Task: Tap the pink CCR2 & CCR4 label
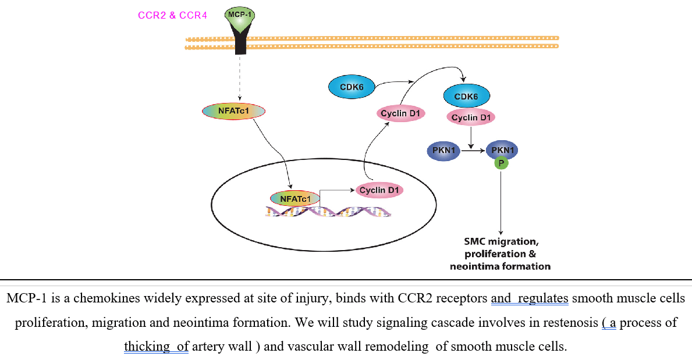[x=172, y=16]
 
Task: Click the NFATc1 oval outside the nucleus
[x=233, y=111]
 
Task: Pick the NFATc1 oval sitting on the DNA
[x=295, y=198]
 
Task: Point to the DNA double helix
[x=328, y=212]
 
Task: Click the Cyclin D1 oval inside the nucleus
[x=379, y=190]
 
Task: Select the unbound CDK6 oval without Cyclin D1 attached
[x=352, y=87]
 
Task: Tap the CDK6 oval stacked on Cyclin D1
[x=467, y=96]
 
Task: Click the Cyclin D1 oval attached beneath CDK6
[x=471, y=117]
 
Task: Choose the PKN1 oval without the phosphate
[x=443, y=151]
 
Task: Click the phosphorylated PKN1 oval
[x=502, y=150]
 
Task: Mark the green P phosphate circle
[x=501, y=163]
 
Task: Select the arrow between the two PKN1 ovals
[x=473, y=151]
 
